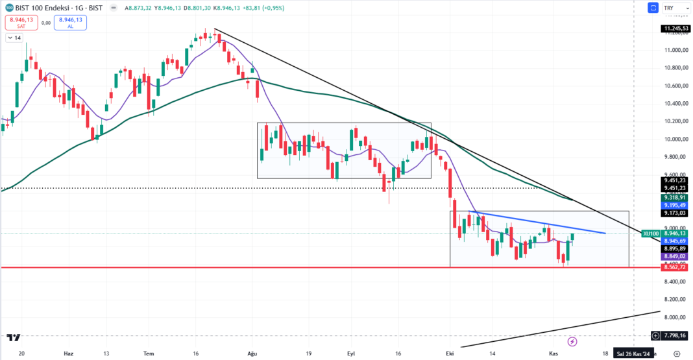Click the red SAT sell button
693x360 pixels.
click(x=21, y=23)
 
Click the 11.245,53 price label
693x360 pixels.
click(x=675, y=29)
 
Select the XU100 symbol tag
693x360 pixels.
click(x=650, y=233)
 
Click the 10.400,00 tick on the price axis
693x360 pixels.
click(x=675, y=104)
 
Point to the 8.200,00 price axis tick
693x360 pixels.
click(x=675, y=299)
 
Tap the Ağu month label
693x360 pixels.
click(x=253, y=354)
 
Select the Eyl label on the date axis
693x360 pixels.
click(x=351, y=354)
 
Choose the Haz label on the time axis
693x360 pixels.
click(x=69, y=354)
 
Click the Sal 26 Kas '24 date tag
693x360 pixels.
click(x=633, y=354)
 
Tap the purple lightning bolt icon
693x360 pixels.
click(x=572, y=341)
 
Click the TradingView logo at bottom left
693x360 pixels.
click(x=14, y=337)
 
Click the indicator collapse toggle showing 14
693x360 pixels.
click(x=13, y=38)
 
